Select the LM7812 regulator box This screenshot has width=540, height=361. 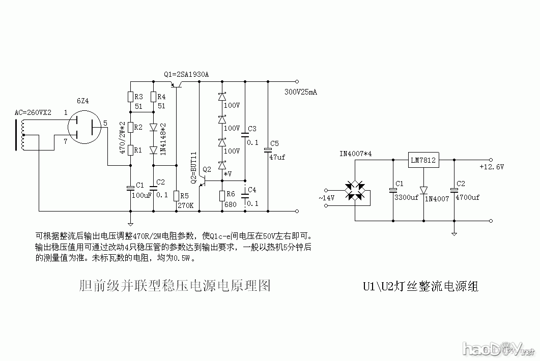click(423, 161)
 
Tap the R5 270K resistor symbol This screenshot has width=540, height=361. click(176, 196)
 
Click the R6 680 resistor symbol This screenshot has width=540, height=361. click(222, 196)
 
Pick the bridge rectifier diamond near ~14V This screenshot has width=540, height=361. click(355, 191)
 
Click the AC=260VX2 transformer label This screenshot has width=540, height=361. click(33, 112)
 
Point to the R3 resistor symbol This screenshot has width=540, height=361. click(130, 97)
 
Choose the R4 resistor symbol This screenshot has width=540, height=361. click(153, 97)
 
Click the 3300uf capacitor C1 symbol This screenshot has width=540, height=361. click(393, 190)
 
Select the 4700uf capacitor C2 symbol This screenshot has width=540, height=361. click(454, 190)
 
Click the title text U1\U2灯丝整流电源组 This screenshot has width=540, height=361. click(420, 286)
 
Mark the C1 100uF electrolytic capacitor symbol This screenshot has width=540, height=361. click(130, 188)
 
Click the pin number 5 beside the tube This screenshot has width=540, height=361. click(105, 123)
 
